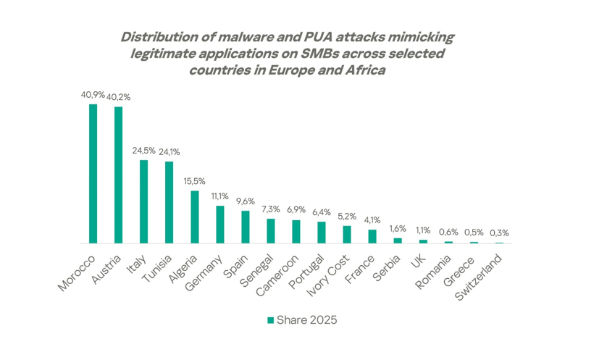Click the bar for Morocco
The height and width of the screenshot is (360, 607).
click(x=93, y=174)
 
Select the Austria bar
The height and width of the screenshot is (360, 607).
click(x=118, y=175)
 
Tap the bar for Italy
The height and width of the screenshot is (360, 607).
click(x=143, y=201)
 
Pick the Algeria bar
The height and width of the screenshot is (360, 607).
click(x=194, y=217)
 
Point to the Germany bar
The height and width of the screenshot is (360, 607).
click(x=220, y=225)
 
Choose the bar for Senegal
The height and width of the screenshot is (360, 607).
click(x=271, y=231)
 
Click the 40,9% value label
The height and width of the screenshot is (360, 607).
click(x=93, y=95)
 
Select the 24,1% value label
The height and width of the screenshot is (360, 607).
click(x=169, y=152)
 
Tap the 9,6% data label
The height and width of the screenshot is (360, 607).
click(x=246, y=202)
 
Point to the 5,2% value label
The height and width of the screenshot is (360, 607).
click(x=347, y=217)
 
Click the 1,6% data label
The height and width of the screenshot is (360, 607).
click(x=398, y=229)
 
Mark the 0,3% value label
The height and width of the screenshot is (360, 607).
click(x=499, y=233)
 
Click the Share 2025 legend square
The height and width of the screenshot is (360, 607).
click(x=271, y=319)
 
